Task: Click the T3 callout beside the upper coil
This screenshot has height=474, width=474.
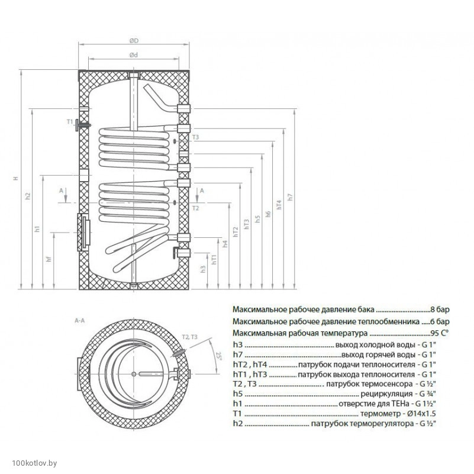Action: pos(196,138)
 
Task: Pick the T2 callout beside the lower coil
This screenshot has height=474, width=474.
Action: pos(196,208)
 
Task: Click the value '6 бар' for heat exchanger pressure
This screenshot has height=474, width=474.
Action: pos(439,321)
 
